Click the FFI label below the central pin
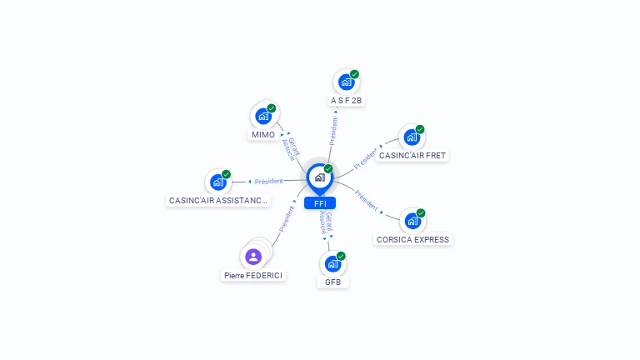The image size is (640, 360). pos(320,203)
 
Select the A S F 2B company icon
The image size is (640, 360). pos(346,82)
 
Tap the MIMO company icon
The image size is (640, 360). pos(263,117)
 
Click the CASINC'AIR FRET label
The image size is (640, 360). pos(412,156)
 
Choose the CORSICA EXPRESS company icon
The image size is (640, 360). pos(412,221)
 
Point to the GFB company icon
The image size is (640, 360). pos(333,264)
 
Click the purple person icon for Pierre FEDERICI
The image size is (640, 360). pos(253,257)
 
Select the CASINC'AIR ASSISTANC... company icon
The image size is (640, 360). pos(218,182)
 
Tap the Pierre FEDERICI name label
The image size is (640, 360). pos(253,276)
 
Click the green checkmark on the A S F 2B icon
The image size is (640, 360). pos(354,74)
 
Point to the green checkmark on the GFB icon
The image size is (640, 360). pos(341,256)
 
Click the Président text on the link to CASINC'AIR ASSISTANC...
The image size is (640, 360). pos(268,181)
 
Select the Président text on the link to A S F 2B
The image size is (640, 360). pos(333,131)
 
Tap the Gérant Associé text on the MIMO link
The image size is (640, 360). pos(291,147)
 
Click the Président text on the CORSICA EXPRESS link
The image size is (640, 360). pos(366,200)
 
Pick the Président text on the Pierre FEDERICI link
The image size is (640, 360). pos(286,219)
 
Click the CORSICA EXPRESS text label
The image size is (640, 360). pos(412,240)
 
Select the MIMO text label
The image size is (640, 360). pos(263,135)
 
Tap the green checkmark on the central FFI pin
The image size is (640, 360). pos(328,169)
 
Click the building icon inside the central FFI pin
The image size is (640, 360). pos(320,177)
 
